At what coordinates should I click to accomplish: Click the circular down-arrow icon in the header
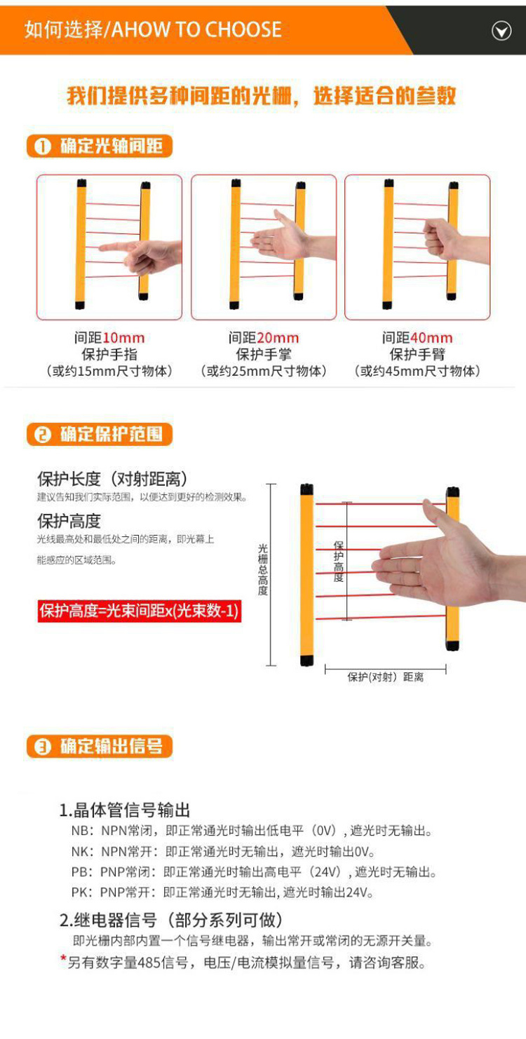[501, 31]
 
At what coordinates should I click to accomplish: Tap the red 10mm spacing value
[123, 338]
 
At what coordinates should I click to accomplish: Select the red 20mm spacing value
[278, 338]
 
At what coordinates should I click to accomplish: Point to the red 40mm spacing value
[431, 338]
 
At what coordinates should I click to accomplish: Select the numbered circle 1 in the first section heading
[43, 147]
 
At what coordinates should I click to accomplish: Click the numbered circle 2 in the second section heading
[43, 435]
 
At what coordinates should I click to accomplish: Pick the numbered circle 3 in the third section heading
[43, 747]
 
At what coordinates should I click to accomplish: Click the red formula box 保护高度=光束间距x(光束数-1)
[139, 611]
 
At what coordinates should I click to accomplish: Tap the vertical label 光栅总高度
[263, 569]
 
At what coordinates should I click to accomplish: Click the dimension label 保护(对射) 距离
[386, 677]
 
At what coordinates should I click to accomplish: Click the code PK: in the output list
[82, 892]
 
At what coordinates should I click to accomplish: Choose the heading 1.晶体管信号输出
[124, 810]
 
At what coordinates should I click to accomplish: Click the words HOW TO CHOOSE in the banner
[203, 29]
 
